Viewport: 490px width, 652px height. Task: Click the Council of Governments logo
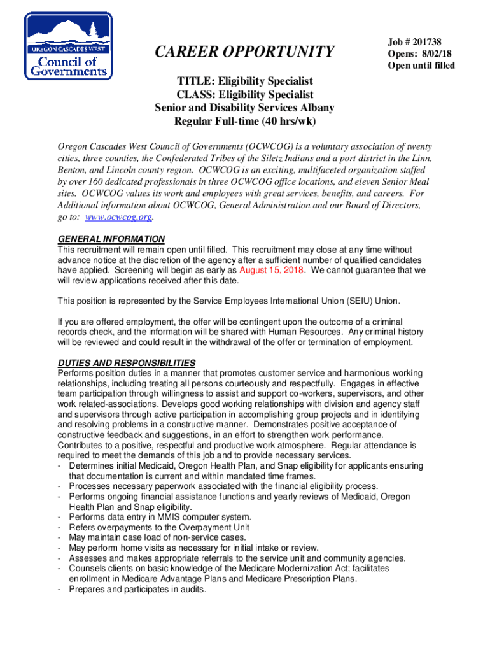(69, 46)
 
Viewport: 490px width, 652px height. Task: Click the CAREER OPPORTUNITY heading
(245, 51)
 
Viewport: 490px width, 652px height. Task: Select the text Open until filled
(421, 66)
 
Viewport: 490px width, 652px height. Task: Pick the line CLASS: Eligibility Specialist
(245, 94)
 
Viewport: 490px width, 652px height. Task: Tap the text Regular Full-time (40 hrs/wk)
(245, 121)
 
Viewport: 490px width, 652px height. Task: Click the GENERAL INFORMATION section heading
(111, 239)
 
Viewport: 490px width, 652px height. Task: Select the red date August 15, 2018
(272, 269)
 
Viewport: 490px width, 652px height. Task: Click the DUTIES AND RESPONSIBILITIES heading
(127, 363)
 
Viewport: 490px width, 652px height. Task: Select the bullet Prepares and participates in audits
(137, 589)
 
